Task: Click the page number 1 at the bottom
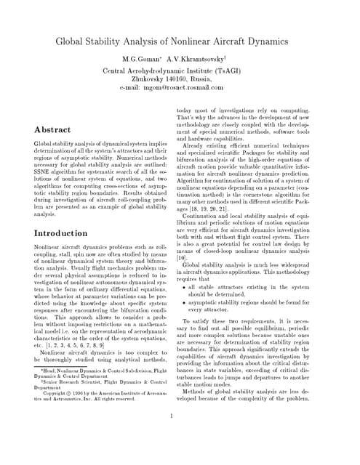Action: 171,416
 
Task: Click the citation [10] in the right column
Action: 182,257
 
